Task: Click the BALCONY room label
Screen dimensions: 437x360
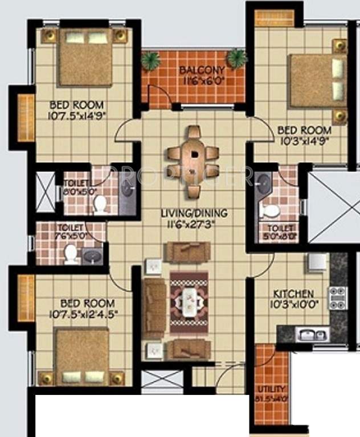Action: (x=197, y=71)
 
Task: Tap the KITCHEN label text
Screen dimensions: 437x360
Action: (x=293, y=294)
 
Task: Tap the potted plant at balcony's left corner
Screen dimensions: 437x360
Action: (x=150, y=61)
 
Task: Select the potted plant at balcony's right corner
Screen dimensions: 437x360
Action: (x=236, y=58)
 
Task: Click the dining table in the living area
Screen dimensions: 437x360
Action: (x=194, y=154)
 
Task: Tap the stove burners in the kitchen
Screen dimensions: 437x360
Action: (x=338, y=298)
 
